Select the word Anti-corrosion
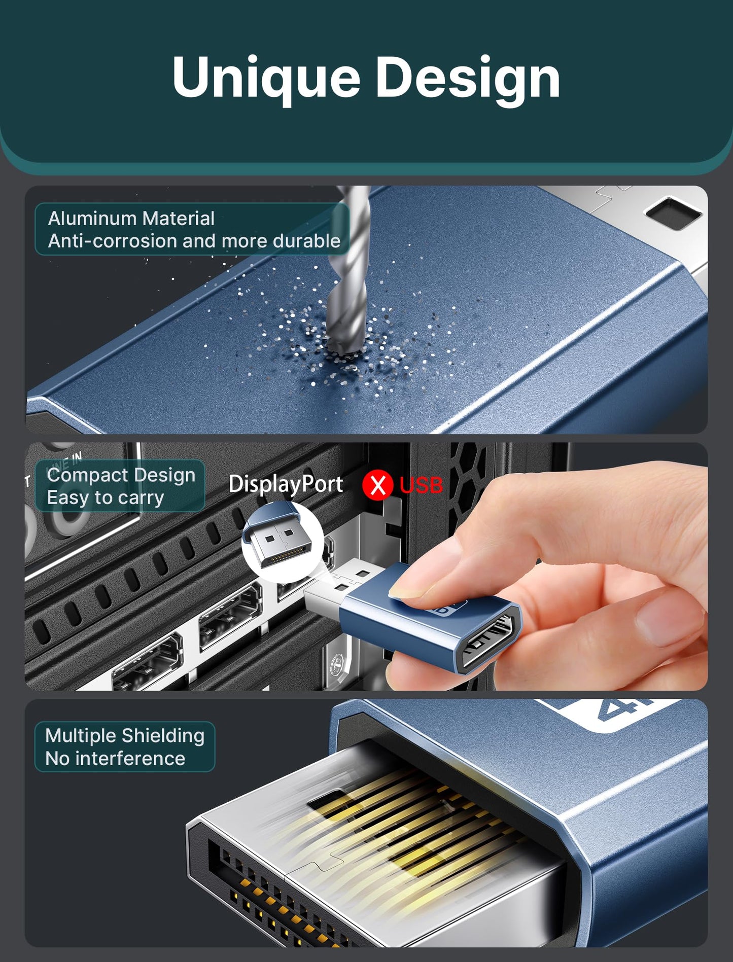click(113, 241)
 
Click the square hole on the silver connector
click(673, 213)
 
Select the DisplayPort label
click(286, 484)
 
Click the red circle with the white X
click(377, 485)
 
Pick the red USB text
click(421, 485)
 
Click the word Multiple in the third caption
click(81, 736)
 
